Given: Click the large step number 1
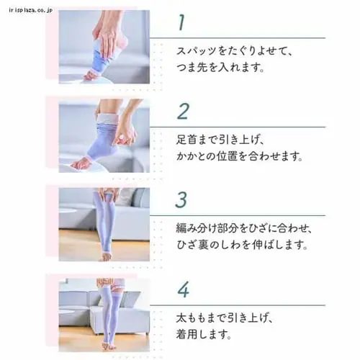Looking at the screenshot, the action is [x=181, y=22].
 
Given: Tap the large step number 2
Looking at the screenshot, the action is [x=183, y=111].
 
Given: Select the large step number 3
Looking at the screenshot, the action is [x=181, y=199].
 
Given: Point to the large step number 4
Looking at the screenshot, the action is [x=184, y=289].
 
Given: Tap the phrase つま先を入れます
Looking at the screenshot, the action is [x=220, y=67].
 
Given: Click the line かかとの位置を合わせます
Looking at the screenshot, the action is [x=239, y=156].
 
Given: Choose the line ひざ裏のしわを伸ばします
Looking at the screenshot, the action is [x=242, y=245].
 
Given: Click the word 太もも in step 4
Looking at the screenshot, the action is [x=192, y=318].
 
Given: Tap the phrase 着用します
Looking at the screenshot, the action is [x=204, y=334].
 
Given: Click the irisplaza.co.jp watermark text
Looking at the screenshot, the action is [x=31, y=10].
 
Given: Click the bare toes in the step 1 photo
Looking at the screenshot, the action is [x=89, y=76].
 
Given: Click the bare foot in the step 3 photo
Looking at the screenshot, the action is [x=105, y=257].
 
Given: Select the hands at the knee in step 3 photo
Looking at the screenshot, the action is [x=105, y=194].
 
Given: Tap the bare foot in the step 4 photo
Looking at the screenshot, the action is [x=106, y=346].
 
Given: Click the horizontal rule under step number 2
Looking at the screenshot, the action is [x=238, y=127].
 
